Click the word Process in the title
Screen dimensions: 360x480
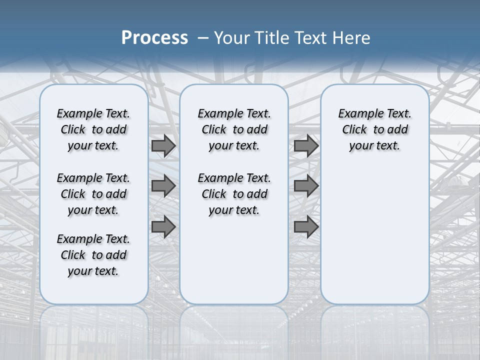[154, 38]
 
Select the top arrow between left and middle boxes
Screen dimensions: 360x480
[163, 146]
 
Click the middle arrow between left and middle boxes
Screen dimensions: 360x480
[163, 186]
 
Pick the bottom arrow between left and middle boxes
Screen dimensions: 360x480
[163, 227]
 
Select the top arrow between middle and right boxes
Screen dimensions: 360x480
[306, 146]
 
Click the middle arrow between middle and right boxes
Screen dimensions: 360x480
[306, 186]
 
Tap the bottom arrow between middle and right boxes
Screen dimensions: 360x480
[306, 227]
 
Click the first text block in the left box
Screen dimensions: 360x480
[93, 129]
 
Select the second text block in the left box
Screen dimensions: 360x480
[93, 194]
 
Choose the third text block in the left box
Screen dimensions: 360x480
[93, 255]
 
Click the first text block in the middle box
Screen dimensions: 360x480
[234, 129]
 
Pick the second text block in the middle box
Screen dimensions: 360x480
[234, 194]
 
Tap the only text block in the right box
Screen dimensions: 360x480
[374, 129]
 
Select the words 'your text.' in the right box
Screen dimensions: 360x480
[374, 146]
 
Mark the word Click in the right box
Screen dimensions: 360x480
[354, 130]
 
